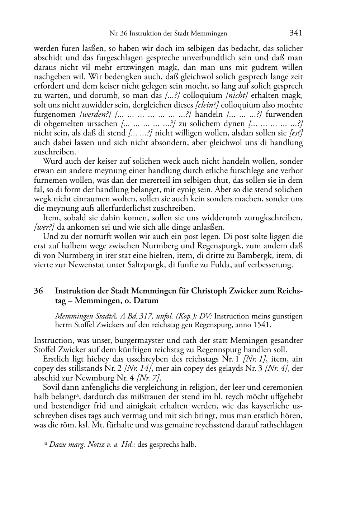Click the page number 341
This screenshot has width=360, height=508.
(296, 33)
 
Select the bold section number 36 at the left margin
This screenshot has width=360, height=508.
(38, 291)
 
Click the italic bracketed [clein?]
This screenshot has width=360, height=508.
(208, 105)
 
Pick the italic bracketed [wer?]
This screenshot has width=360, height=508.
(44, 227)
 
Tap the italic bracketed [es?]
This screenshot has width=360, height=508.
(296, 133)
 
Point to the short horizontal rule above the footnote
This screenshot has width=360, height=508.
(61, 438)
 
